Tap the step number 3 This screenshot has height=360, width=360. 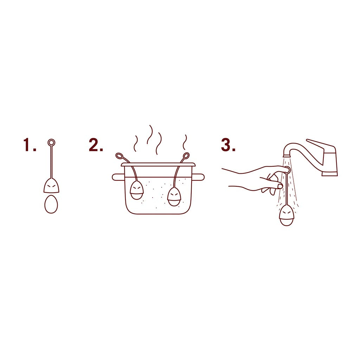point(227,145)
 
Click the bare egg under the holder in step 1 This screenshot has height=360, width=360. point(51,204)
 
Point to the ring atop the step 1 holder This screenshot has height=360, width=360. point(51,142)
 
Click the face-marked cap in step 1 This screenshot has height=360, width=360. point(51,186)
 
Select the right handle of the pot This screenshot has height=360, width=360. point(199,177)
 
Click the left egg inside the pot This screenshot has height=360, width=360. point(137,191)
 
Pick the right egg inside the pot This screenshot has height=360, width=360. point(174,197)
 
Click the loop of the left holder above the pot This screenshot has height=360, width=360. point(119,155)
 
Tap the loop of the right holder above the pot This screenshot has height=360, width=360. point(186,155)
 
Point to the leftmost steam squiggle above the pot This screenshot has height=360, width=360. point(135,143)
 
